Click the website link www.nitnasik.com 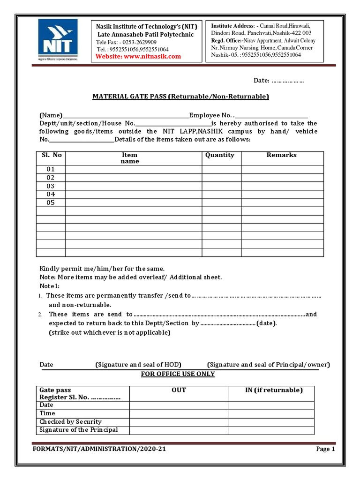coord(138,56)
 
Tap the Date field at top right coord(278,81)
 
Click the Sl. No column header coord(51,155)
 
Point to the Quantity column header coord(219,155)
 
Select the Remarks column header coord(281,155)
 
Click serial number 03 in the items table coord(51,186)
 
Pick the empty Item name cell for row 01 coord(134,169)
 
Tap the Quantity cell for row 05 coord(221,203)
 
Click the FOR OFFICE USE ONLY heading coord(178,374)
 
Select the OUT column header coord(179,390)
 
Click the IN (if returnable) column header coord(274,390)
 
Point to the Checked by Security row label coord(70,422)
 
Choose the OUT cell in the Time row coord(179,413)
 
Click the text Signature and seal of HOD coord(138,365)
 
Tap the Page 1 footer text coord(325,449)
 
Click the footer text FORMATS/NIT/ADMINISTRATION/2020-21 coord(99,449)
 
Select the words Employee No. coord(210,115)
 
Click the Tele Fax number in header coord(127,42)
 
